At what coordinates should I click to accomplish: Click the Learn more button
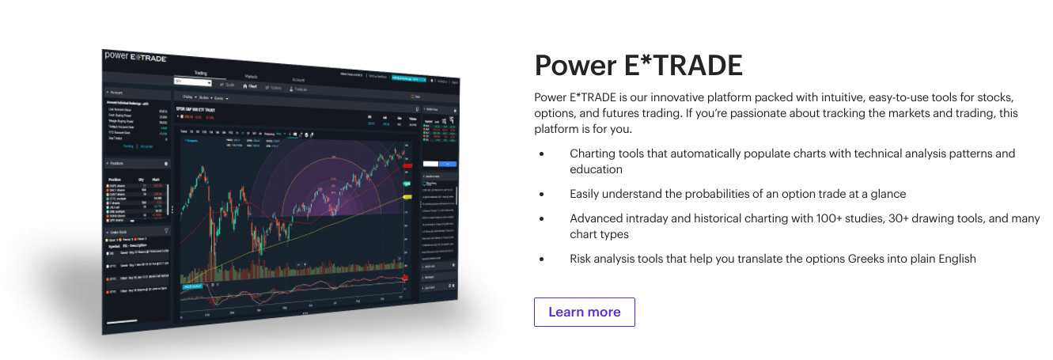coord(584,312)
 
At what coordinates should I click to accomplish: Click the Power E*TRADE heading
coord(638,66)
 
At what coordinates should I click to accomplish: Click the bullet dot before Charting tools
coord(541,153)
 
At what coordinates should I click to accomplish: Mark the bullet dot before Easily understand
coord(541,194)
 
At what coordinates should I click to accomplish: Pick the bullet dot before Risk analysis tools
coord(541,259)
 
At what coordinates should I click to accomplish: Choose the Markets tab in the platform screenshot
coord(251,76)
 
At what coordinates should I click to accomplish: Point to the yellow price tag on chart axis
coord(407,196)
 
